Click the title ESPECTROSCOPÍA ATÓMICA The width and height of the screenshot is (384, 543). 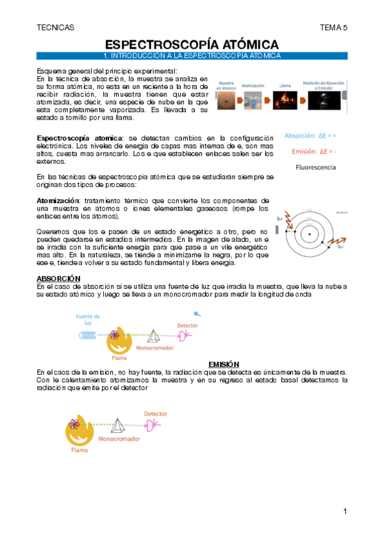[x=192, y=45]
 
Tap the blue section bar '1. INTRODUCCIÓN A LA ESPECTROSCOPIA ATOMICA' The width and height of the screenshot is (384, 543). [x=192, y=56]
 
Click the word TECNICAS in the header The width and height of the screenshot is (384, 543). [x=56, y=28]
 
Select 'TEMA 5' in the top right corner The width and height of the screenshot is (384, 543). [x=333, y=28]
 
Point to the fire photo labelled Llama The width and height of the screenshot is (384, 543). [x=285, y=101]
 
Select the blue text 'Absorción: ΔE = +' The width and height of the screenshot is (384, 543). [x=310, y=136]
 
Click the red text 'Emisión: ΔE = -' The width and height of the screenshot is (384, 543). [x=313, y=151]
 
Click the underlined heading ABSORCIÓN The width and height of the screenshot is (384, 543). [x=58, y=278]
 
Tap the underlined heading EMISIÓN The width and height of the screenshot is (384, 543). [x=224, y=363]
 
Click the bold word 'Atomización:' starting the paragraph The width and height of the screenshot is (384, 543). [x=58, y=200]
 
